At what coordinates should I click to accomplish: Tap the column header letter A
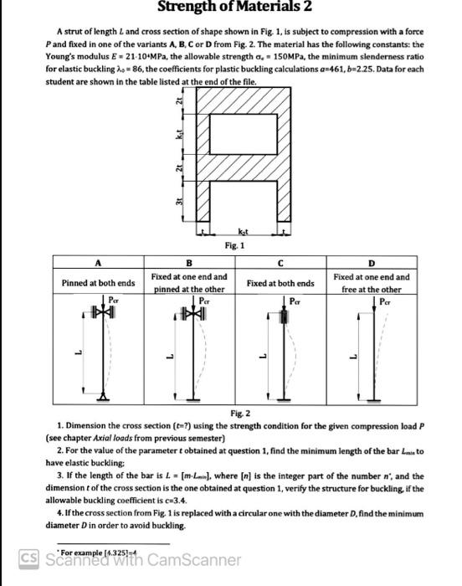(99, 260)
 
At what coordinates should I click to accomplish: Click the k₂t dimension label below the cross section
(243, 231)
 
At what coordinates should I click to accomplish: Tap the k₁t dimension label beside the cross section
(177, 131)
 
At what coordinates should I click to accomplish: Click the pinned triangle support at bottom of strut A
(103, 394)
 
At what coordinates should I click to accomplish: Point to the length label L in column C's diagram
(262, 352)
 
